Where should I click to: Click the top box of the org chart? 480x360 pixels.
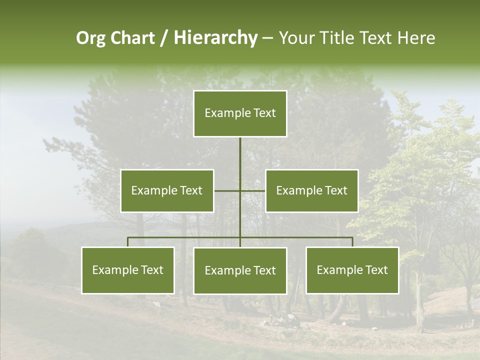tap(240, 113)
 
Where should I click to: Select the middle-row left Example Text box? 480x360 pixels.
tap(167, 190)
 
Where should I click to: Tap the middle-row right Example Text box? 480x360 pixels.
tap(311, 190)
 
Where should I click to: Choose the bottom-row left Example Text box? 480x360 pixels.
tap(128, 270)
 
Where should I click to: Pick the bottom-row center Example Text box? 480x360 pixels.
tap(240, 270)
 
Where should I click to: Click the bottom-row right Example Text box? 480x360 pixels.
tap(352, 270)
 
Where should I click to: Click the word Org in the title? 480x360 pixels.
tap(90, 38)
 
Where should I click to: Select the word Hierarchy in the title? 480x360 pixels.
tap(215, 38)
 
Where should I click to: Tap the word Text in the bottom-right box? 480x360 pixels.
tap(376, 270)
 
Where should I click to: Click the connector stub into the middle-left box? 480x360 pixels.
tap(226, 190)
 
